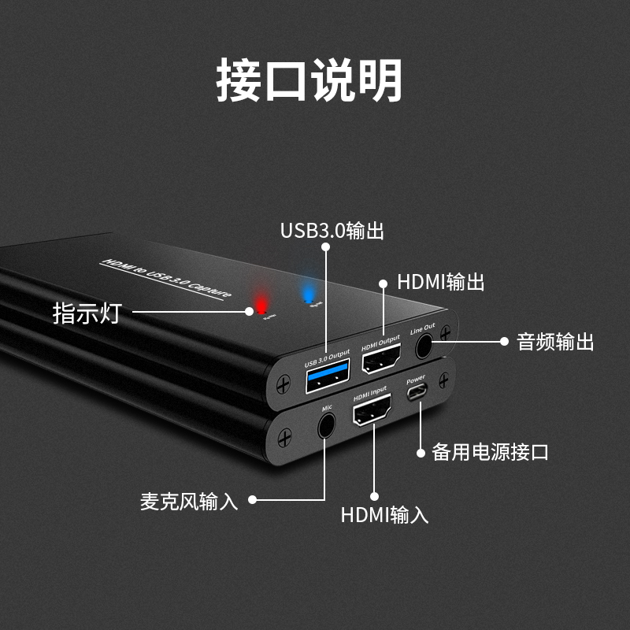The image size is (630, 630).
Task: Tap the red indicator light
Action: [x=259, y=303]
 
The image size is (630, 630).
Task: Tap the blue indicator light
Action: [x=308, y=293]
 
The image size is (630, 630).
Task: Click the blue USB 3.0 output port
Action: [x=325, y=381]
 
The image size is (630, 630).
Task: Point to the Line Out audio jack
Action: [x=424, y=345]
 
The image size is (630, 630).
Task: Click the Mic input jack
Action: [x=325, y=427]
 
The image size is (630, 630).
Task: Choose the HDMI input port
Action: [x=373, y=410]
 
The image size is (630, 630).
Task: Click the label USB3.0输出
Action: [x=332, y=231]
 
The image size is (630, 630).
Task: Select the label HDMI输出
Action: [x=440, y=282]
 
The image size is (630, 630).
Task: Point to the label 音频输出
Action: [x=555, y=342]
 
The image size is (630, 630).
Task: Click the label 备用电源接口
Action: [x=490, y=452]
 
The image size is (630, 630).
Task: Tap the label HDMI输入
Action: [x=384, y=515]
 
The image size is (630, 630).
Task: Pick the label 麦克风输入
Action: [x=189, y=501]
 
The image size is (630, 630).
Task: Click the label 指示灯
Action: [x=87, y=313]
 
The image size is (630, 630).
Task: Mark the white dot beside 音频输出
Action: [x=505, y=341]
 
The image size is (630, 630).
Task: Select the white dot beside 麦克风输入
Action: [x=253, y=499]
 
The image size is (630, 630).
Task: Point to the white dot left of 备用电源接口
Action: [x=419, y=452]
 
